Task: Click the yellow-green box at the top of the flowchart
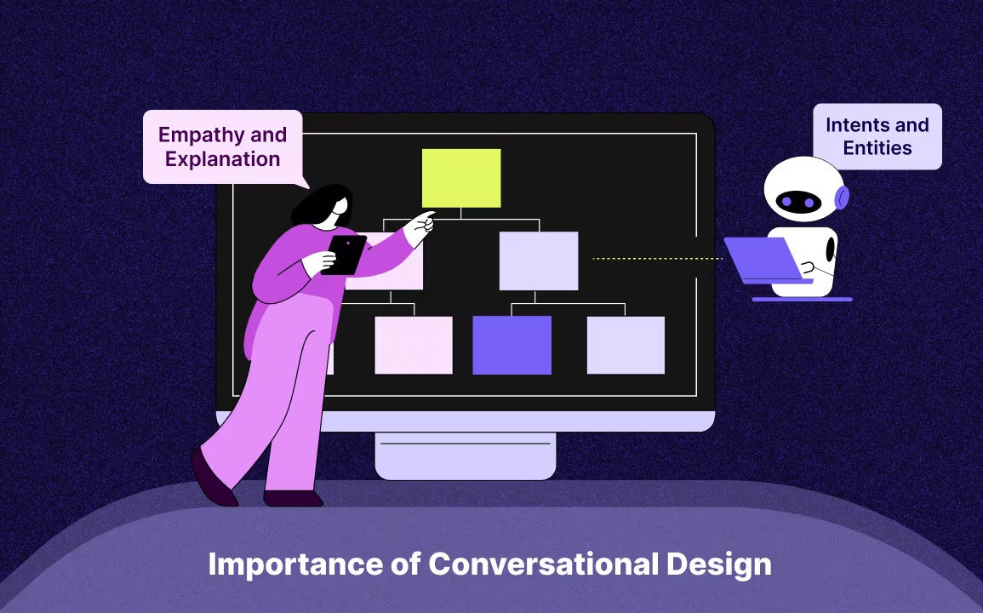(x=461, y=178)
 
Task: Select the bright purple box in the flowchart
(x=512, y=345)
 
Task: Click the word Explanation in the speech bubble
(x=222, y=158)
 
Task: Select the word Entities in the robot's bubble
(x=877, y=148)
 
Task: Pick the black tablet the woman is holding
(x=346, y=254)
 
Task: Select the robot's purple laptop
(x=761, y=259)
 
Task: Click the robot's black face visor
(x=798, y=202)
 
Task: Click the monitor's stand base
(x=465, y=456)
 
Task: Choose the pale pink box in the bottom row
(x=414, y=345)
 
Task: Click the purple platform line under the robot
(x=802, y=299)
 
